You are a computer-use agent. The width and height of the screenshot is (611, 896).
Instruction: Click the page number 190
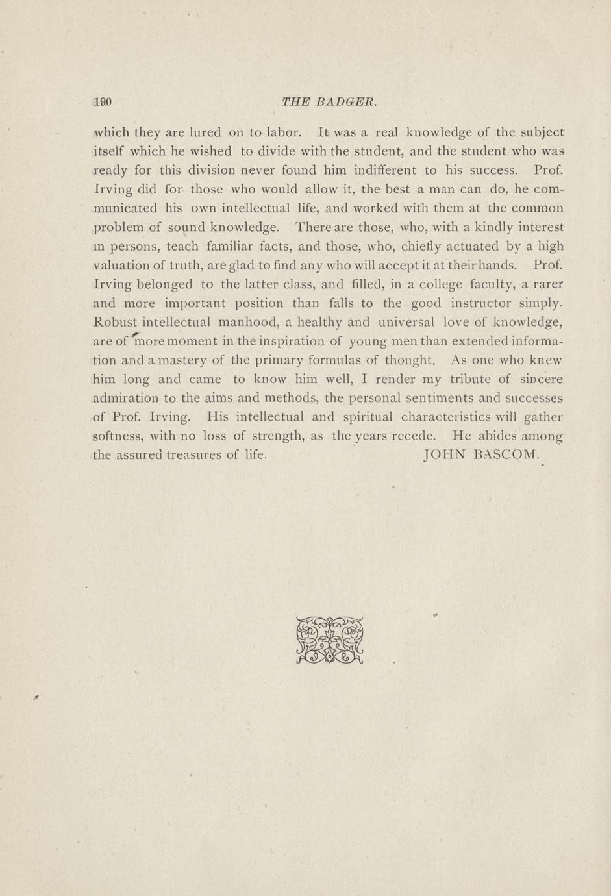click(x=104, y=102)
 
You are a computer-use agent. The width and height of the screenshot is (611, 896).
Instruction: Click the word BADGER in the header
click(x=345, y=102)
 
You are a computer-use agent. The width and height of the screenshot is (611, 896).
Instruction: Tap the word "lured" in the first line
click(x=206, y=133)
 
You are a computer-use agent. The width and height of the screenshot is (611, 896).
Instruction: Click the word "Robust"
click(x=115, y=322)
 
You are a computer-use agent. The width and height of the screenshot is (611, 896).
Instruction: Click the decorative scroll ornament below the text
click(x=329, y=640)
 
